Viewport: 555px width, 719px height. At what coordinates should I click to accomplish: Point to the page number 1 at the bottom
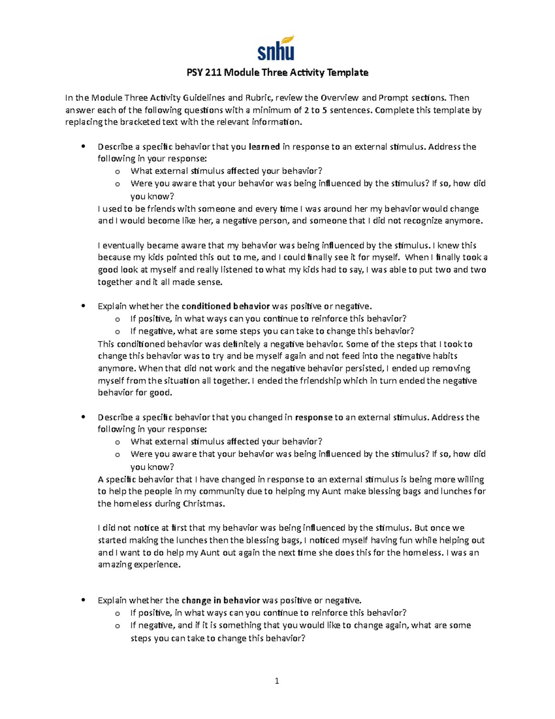point(277,681)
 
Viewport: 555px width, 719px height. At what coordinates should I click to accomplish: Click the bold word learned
point(264,147)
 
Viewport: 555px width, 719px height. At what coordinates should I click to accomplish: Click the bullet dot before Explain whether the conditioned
point(83,306)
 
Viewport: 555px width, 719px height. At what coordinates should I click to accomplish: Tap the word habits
point(445,356)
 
